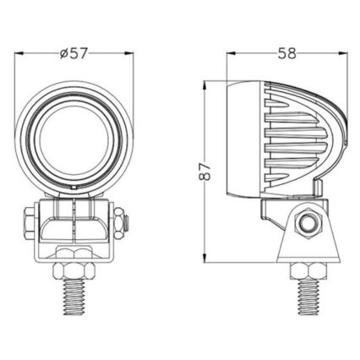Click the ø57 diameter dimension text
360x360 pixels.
(75, 54)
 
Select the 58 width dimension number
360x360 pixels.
(286, 54)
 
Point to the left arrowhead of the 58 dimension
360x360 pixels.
(231, 54)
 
